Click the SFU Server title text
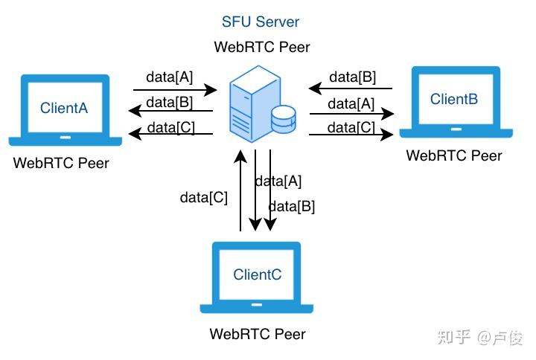tap(261, 22)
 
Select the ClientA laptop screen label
tap(64, 108)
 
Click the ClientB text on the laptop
tap(454, 99)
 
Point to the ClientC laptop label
tap(258, 274)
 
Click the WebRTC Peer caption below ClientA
tap(61, 163)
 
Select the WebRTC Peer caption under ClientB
tap(454, 155)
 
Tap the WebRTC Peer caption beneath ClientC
tap(258, 334)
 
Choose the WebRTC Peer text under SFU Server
tap(262, 47)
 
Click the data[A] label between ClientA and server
tap(170, 77)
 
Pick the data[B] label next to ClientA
tap(170, 102)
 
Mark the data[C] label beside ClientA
tap(171, 126)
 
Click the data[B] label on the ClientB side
tap(352, 77)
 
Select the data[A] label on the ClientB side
tap(351, 103)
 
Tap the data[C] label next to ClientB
tap(351, 127)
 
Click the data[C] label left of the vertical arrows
tap(204, 197)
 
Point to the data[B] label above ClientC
tap(291, 206)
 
